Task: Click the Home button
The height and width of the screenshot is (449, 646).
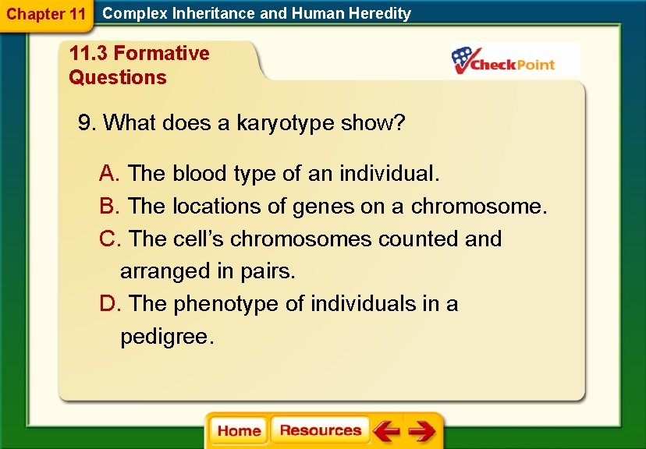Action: [x=239, y=430]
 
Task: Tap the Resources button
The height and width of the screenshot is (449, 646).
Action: [x=321, y=430]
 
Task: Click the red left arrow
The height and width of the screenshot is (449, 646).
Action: [x=386, y=430]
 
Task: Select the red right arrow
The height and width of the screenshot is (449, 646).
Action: [x=422, y=430]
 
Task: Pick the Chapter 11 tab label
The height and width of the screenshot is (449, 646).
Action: [x=46, y=14]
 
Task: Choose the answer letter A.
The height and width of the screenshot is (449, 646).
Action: [x=109, y=173]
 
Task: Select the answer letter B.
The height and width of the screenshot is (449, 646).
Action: [x=109, y=206]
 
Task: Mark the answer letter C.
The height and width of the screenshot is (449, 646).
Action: [x=110, y=239]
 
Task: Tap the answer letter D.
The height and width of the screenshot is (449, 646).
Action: [x=110, y=304]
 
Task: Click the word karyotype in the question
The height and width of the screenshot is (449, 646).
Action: [x=285, y=123]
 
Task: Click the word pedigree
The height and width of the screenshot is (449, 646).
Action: [x=167, y=338]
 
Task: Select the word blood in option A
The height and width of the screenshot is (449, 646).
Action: [x=199, y=173]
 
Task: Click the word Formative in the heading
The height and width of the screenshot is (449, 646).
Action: [x=161, y=53]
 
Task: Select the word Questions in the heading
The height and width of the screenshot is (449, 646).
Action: [x=118, y=77]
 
